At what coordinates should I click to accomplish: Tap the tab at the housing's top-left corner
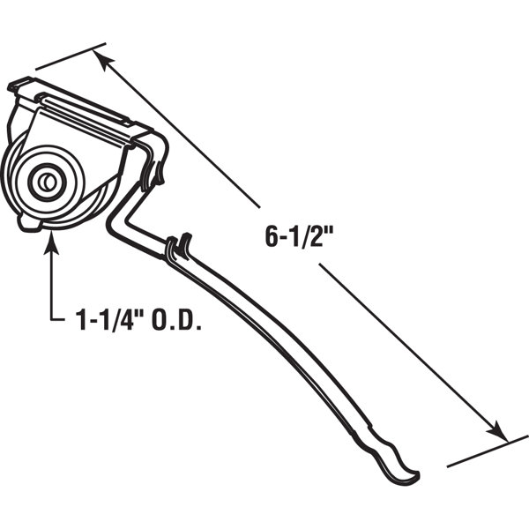(x=17, y=86)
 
